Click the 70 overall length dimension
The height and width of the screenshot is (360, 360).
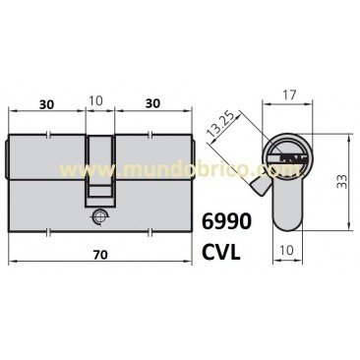[x=100, y=253]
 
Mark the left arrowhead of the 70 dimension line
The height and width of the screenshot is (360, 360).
[x=12, y=264]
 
